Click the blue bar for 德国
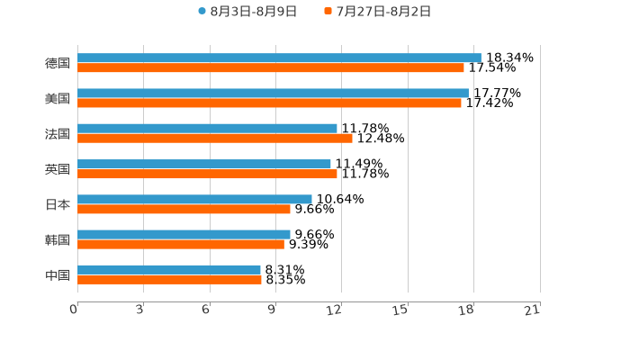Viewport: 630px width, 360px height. tap(279, 58)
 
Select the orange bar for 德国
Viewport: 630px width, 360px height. tap(270, 67)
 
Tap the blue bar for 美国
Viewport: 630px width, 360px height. tap(273, 93)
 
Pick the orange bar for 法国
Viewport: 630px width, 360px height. tap(214, 139)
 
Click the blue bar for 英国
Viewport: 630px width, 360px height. tap(204, 164)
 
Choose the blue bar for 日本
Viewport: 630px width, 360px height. tap(194, 199)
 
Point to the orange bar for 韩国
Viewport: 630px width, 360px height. tap(180, 244)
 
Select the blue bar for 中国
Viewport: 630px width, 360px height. tap(169, 270)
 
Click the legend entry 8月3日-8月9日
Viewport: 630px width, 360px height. tap(247, 12)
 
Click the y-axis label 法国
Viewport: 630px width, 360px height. tap(58, 134)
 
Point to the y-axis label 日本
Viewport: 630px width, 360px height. tap(58, 204)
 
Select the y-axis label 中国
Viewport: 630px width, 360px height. tap(58, 274)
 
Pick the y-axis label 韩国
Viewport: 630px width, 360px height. tap(58, 239)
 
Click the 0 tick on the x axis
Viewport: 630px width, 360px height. tap(74, 310)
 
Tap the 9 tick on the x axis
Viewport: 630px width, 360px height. tap(272, 310)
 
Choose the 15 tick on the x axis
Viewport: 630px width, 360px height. tap(400, 310)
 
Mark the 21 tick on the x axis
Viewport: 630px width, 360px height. tap(533, 310)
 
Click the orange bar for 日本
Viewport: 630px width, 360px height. tap(184, 209)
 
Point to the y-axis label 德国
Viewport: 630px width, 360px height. tap(58, 63)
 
